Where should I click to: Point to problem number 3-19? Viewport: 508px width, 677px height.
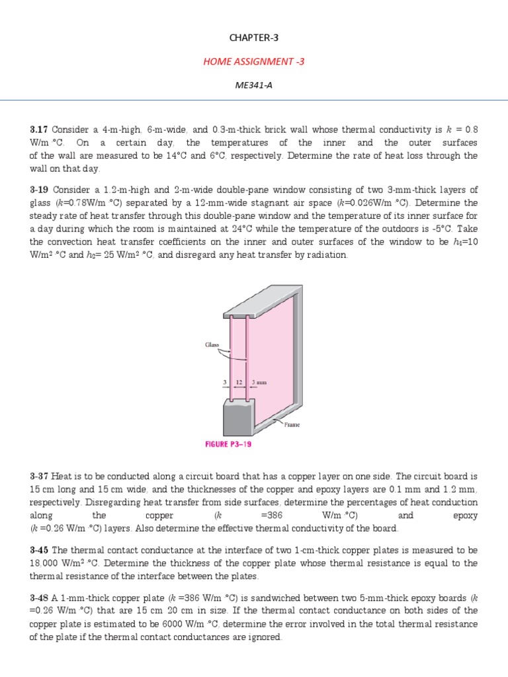40,190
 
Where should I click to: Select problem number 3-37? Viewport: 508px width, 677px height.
39,477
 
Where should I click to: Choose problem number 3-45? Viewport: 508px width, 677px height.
39,550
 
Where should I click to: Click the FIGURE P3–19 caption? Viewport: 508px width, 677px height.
227,444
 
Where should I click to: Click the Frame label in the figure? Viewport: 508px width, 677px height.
292,424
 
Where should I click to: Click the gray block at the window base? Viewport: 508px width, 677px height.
237,419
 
